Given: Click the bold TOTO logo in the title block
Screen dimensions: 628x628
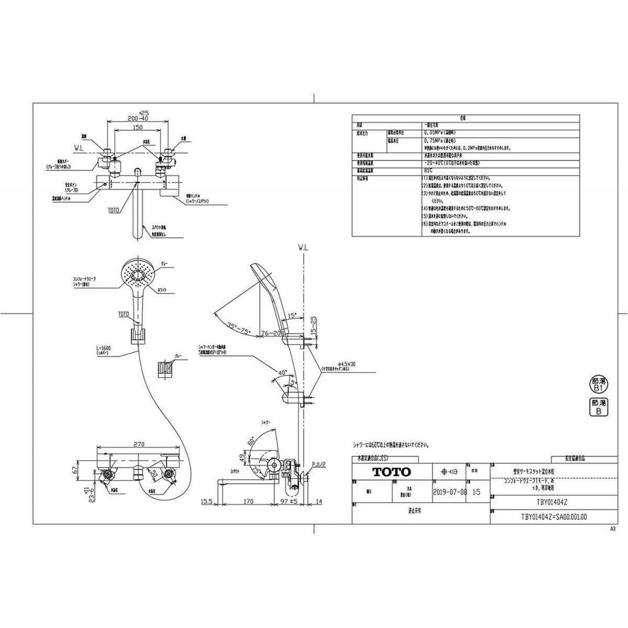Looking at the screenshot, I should (x=392, y=472).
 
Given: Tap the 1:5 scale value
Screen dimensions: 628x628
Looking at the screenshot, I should (x=477, y=491).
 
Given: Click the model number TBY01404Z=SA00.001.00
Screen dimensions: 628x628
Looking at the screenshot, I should (x=554, y=515).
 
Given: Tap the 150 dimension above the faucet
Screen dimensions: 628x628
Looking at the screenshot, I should (x=138, y=127).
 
